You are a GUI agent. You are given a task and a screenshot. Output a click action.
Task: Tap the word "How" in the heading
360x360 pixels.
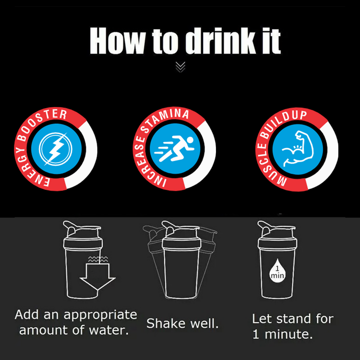coord(117,40)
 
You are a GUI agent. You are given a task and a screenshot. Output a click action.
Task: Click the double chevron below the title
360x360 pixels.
coord(180,67)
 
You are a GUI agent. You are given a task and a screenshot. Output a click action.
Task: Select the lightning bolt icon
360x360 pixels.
coord(55,149)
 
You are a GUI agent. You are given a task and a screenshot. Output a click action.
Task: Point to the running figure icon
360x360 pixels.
coord(174,149)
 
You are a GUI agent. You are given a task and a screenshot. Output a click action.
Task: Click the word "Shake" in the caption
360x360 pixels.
coord(166,323)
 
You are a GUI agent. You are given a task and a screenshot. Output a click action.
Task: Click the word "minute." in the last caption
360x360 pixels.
coord(289,334)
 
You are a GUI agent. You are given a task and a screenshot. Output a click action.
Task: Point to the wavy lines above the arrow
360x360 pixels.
coord(98,260)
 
